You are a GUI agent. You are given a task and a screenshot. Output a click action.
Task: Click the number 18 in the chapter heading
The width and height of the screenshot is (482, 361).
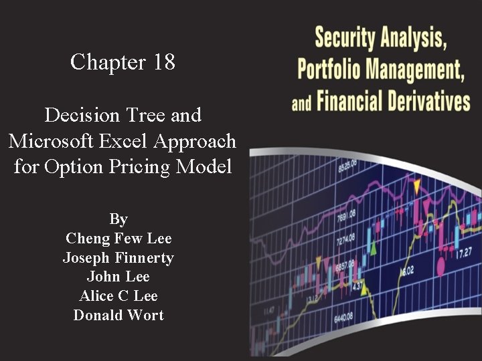pos(164,63)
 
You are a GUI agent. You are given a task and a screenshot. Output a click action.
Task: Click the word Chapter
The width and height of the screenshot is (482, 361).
pos(108,63)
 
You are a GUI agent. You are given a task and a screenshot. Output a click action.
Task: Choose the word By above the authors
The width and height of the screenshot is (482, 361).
pos(118,219)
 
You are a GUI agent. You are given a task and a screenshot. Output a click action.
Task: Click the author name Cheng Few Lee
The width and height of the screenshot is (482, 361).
pos(118,239)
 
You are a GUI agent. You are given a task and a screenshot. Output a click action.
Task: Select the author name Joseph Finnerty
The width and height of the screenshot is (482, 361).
pos(118,258)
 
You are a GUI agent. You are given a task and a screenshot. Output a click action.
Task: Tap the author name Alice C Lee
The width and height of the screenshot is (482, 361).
pos(118,296)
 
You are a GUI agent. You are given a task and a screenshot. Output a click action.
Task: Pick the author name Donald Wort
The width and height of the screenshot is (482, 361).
pos(118,316)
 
